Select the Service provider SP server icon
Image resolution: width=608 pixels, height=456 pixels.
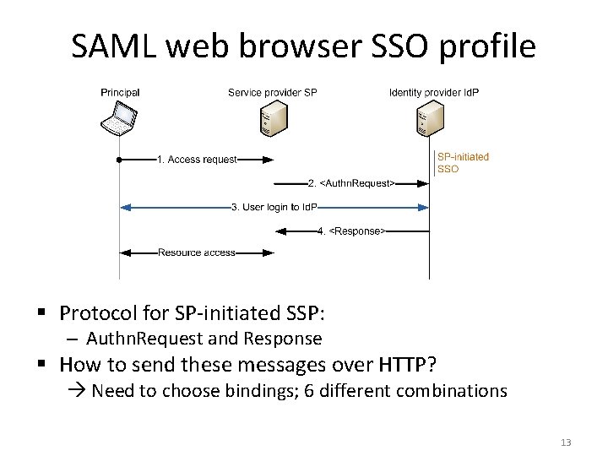click(271, 119)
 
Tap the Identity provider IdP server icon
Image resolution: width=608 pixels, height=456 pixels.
click(428, 119)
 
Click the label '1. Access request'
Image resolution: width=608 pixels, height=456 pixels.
click(197, 160)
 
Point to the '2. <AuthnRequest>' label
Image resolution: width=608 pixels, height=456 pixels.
click(350, 183)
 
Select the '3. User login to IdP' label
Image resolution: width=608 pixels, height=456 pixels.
click(274, 207)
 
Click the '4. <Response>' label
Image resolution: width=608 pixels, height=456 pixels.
click(351, 231)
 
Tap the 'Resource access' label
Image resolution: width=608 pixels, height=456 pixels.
click(197, 252)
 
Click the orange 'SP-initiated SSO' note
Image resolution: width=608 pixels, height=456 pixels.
click(462, 162)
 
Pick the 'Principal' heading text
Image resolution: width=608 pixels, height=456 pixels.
click(120, 92)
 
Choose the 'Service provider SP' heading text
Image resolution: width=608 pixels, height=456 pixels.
click(272, 92)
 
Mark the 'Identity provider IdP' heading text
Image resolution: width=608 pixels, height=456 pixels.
click(433, 92)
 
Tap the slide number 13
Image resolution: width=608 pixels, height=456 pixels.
click(566, 442)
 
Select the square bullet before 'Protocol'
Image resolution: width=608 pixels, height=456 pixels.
click(45, 314)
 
